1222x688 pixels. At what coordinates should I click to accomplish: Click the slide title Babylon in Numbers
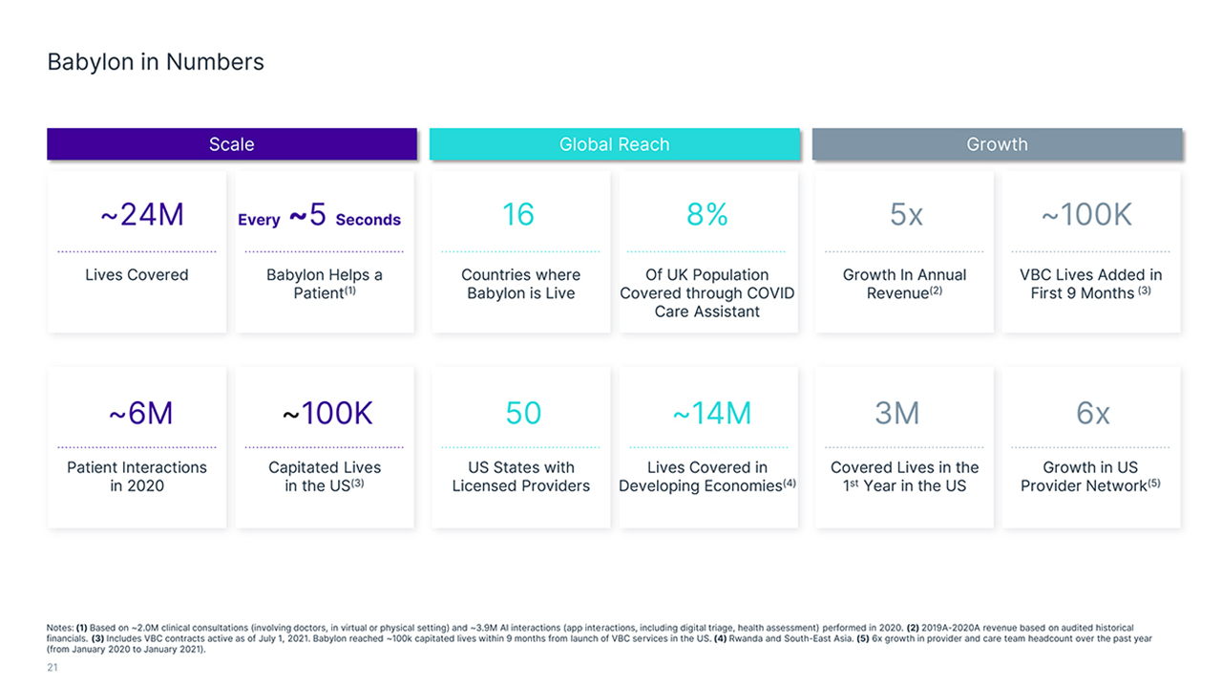point(156,62)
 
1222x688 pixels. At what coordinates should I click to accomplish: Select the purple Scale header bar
point(232,144)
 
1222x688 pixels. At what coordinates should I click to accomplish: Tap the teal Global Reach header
point(614,144)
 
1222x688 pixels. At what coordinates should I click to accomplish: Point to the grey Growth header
point(998,144)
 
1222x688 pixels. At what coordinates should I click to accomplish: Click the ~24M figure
point(142,214)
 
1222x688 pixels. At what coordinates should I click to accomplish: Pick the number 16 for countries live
point(517,214)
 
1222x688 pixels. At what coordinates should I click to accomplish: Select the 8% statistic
point(707,214)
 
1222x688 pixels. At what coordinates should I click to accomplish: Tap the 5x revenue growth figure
point(906,214)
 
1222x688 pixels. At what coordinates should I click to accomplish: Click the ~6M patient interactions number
point(140,413)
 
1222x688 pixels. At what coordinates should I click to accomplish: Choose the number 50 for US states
point(523,413)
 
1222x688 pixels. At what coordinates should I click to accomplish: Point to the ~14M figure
point(712,413)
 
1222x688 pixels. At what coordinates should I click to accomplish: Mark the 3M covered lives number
point(897,413)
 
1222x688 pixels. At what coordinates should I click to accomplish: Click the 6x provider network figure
point(1093,413)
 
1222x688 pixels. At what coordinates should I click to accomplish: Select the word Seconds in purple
point(369,220)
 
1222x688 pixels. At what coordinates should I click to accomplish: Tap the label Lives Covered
point(137,274)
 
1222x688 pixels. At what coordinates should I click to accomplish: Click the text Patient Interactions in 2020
point(137,477)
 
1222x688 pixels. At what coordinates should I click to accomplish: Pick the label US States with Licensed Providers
point(521,477)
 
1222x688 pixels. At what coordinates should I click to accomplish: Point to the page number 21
point(53,667)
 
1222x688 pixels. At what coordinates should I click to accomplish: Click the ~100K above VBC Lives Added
point(1086,214)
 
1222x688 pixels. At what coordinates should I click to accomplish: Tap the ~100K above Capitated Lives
point(327,413)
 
